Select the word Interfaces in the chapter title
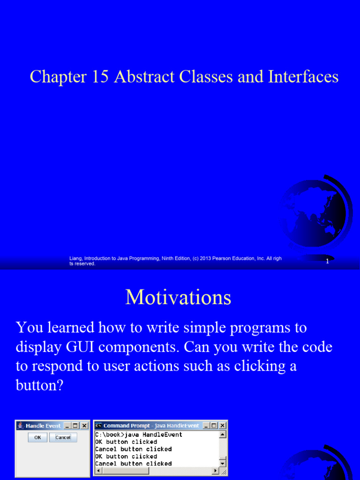[x=303, y=77]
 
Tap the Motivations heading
[x=178, y=297]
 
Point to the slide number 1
[x=327, y=262]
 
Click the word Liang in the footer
[x=75, y=259]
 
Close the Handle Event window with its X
[x=84, y=426]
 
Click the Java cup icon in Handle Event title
[x=20, y=426]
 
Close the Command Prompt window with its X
[x=222, y=426]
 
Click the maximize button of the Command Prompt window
[x=214, y=426]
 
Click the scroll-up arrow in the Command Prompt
[x=222, y=435]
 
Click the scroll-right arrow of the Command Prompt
[x=216, y=470]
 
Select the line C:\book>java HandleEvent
[x=139, y=435]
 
